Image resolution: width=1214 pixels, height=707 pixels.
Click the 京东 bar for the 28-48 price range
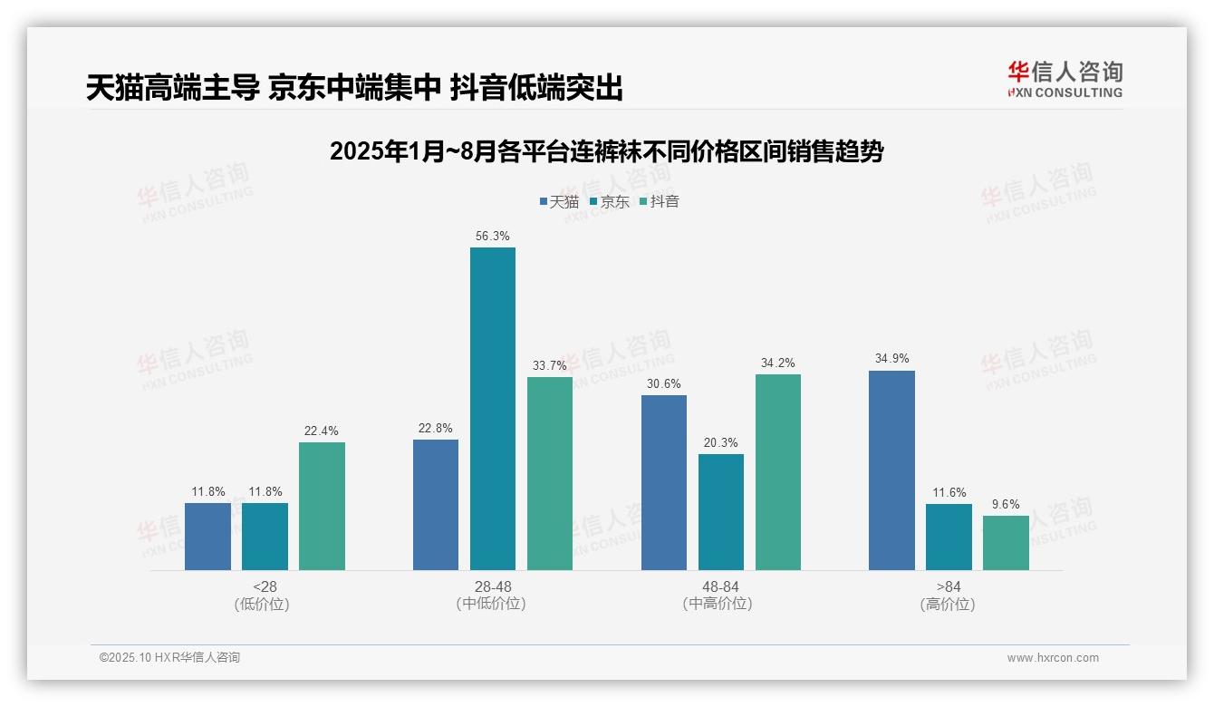coord(492,409)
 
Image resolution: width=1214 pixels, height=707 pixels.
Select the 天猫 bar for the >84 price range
coord(891,470)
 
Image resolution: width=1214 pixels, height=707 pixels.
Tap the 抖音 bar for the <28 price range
coord(322,506)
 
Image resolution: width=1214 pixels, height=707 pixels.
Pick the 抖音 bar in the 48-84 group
coord(777,472)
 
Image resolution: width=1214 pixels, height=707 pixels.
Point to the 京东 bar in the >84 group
coord(949,537)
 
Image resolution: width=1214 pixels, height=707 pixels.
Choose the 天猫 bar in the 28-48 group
coord(436,505)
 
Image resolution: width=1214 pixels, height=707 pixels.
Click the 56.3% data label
coord(492,236)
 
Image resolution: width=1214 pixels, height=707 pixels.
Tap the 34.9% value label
coord(891,359)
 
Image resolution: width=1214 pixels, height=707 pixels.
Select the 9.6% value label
coord(1006,504)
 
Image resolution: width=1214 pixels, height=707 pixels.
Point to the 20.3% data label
coord(721,442)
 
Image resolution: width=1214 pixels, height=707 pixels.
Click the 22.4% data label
coord(322,431)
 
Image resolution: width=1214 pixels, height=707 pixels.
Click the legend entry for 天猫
coord(558,201)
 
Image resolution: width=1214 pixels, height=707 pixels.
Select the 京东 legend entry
coord(609,201)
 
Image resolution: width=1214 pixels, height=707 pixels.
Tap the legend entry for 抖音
coord(659,201)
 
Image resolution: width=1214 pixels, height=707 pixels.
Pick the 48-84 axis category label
coord(720,586)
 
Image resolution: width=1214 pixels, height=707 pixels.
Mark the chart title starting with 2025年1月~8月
coord(606,151)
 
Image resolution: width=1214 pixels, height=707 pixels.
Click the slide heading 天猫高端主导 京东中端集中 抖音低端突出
coord(355,88)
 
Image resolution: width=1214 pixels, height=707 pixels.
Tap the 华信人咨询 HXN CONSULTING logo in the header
coord(1065,79)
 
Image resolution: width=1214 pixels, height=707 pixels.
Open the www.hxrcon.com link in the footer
coord(1052,658)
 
